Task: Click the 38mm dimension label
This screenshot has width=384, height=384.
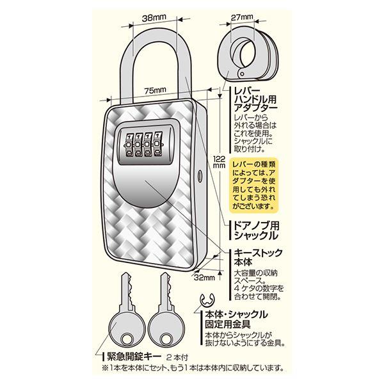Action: (x=154, y=18)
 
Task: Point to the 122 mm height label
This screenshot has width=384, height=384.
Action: (x=219, y=162)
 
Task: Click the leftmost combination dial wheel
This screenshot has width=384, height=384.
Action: (x=129, y=145)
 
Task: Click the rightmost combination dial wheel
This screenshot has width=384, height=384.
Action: (x=157, y=145)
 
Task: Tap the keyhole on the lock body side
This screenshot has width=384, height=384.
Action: (x=200, y=176)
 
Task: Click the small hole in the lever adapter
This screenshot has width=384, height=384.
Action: (x=242, y=74)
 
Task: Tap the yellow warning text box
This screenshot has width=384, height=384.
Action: (x=254, y=185)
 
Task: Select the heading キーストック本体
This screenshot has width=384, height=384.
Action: (x=258, y=257)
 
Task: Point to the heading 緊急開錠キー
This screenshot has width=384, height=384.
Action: (x=134, y=356)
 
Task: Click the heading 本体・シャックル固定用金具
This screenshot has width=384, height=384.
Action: (x=236, y=319)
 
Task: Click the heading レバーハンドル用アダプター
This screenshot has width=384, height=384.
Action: (x=255, y=99)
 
